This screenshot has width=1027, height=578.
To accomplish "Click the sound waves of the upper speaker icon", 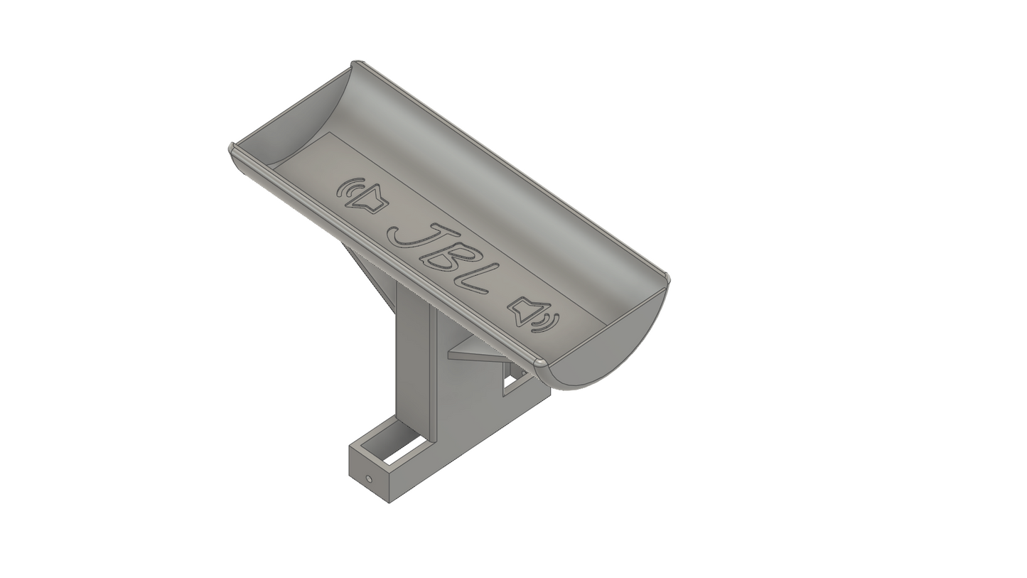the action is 347,189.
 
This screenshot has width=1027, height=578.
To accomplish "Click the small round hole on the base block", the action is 369,479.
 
